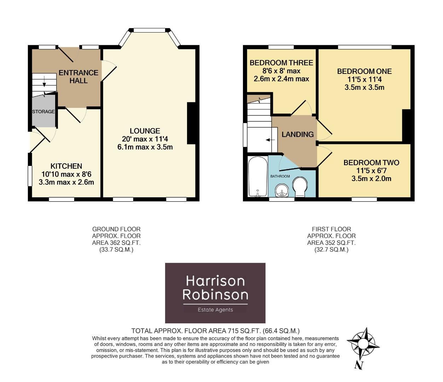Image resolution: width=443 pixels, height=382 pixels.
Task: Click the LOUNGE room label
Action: pos(145,131)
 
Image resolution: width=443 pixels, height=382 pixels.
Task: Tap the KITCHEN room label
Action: pos(66,166)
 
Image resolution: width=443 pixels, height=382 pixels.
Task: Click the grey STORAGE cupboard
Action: pos(44,111)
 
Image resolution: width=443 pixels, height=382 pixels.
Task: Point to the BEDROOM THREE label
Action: pos(281,63)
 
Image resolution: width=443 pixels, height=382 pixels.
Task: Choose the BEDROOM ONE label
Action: pos(364,71)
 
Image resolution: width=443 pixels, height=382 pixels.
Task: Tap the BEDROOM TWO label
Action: pos(371,163)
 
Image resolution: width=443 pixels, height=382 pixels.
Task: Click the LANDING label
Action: pos(297,134)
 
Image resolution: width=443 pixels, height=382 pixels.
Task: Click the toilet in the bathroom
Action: pos(301,186)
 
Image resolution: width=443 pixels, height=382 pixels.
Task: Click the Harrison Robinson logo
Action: pos(215,293)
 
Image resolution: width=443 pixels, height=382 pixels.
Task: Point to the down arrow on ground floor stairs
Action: pos(44,81)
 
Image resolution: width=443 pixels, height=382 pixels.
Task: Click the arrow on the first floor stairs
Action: pos(270,140)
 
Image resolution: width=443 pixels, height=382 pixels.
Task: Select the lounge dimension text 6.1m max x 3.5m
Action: pos(145,147)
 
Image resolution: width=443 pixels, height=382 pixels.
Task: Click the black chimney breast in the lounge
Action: pos(191,123)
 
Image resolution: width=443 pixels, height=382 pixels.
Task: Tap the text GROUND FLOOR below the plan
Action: pos(116,229)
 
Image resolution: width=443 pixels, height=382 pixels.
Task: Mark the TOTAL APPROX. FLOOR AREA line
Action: pos(215,331)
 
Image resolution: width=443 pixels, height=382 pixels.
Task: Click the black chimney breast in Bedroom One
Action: pos(407,126)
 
